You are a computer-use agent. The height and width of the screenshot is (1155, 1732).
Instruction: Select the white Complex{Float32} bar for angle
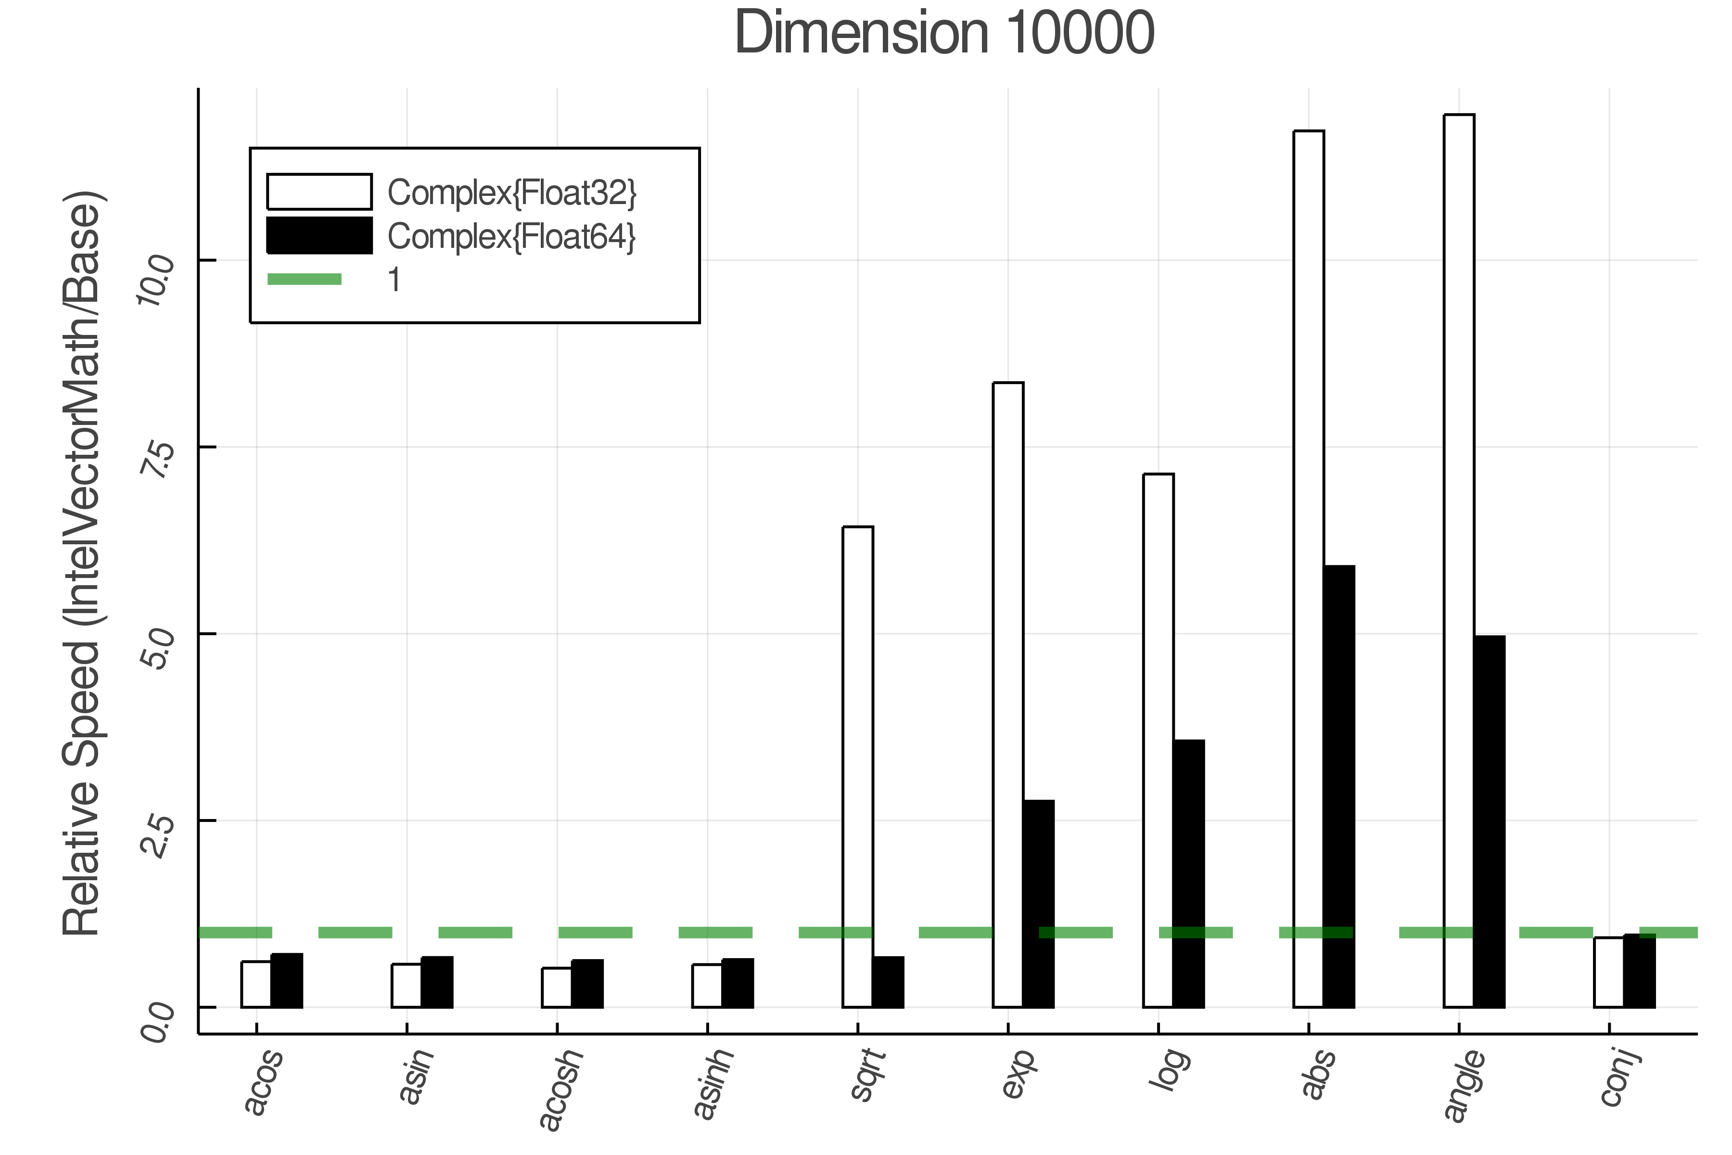point(1458,560)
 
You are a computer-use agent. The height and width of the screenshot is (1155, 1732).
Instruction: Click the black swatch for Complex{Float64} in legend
point(319,236)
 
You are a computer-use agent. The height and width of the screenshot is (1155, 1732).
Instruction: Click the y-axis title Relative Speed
point(82,564)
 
